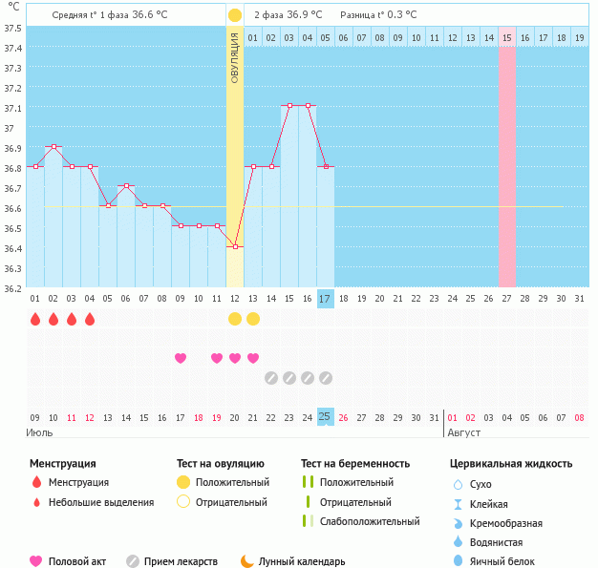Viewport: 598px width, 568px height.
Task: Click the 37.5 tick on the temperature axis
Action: pyautogui.click(x=13, y=28)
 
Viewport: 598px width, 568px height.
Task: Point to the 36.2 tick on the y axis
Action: pyautogui.click(x=13, y=287)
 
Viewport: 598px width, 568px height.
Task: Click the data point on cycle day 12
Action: pyautogui.click(x=235, y=246)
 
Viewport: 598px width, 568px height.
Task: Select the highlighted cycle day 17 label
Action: pyautogui.click(x=326, y=299)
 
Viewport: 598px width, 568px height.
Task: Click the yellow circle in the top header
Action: pyautogui.click(x=235, y=15)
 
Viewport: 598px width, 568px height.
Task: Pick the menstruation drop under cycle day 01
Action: pyautogui.click(x=35, y=319)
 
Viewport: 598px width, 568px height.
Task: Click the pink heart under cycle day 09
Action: pyautogui.click(x=181, y=358)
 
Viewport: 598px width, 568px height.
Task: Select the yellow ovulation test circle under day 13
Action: pyautogui.click(x=253, y=319)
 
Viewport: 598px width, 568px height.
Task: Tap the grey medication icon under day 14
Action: pyautogui.click(x=271, y=378)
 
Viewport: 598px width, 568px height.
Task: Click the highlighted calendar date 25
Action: pyautogui.click(x=326, y=417)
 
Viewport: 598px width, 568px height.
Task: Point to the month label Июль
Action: pyautogui.click(x=39, y=432)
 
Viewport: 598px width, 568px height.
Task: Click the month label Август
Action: pyautogui.click(x=463, y=432)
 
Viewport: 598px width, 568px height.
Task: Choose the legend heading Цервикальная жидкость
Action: pyautogui.click(x=511, y=464)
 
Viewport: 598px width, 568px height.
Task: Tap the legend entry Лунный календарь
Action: pyautogui.click(x=309, y=562)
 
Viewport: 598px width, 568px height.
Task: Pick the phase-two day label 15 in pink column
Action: pyautogui.click(x=506, y=38)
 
